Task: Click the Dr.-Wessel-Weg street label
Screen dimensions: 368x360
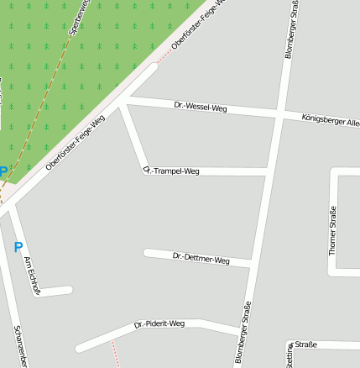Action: point(201,108)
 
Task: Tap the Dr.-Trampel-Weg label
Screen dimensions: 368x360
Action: point(171,171)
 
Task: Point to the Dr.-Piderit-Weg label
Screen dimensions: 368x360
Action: point(159,323)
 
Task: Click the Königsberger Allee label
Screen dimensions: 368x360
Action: point(330,120)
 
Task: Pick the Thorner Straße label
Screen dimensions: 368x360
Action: point(332,230)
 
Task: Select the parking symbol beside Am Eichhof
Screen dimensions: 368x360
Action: point(18,247)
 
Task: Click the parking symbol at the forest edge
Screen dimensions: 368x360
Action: point(3,172)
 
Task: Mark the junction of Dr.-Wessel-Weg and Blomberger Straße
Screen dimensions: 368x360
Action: point(278,113)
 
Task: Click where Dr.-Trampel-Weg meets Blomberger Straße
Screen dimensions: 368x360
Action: point(269,172)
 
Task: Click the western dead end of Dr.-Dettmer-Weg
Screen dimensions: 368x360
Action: point(147,252)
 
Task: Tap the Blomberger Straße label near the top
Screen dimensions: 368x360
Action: point(290,29)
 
